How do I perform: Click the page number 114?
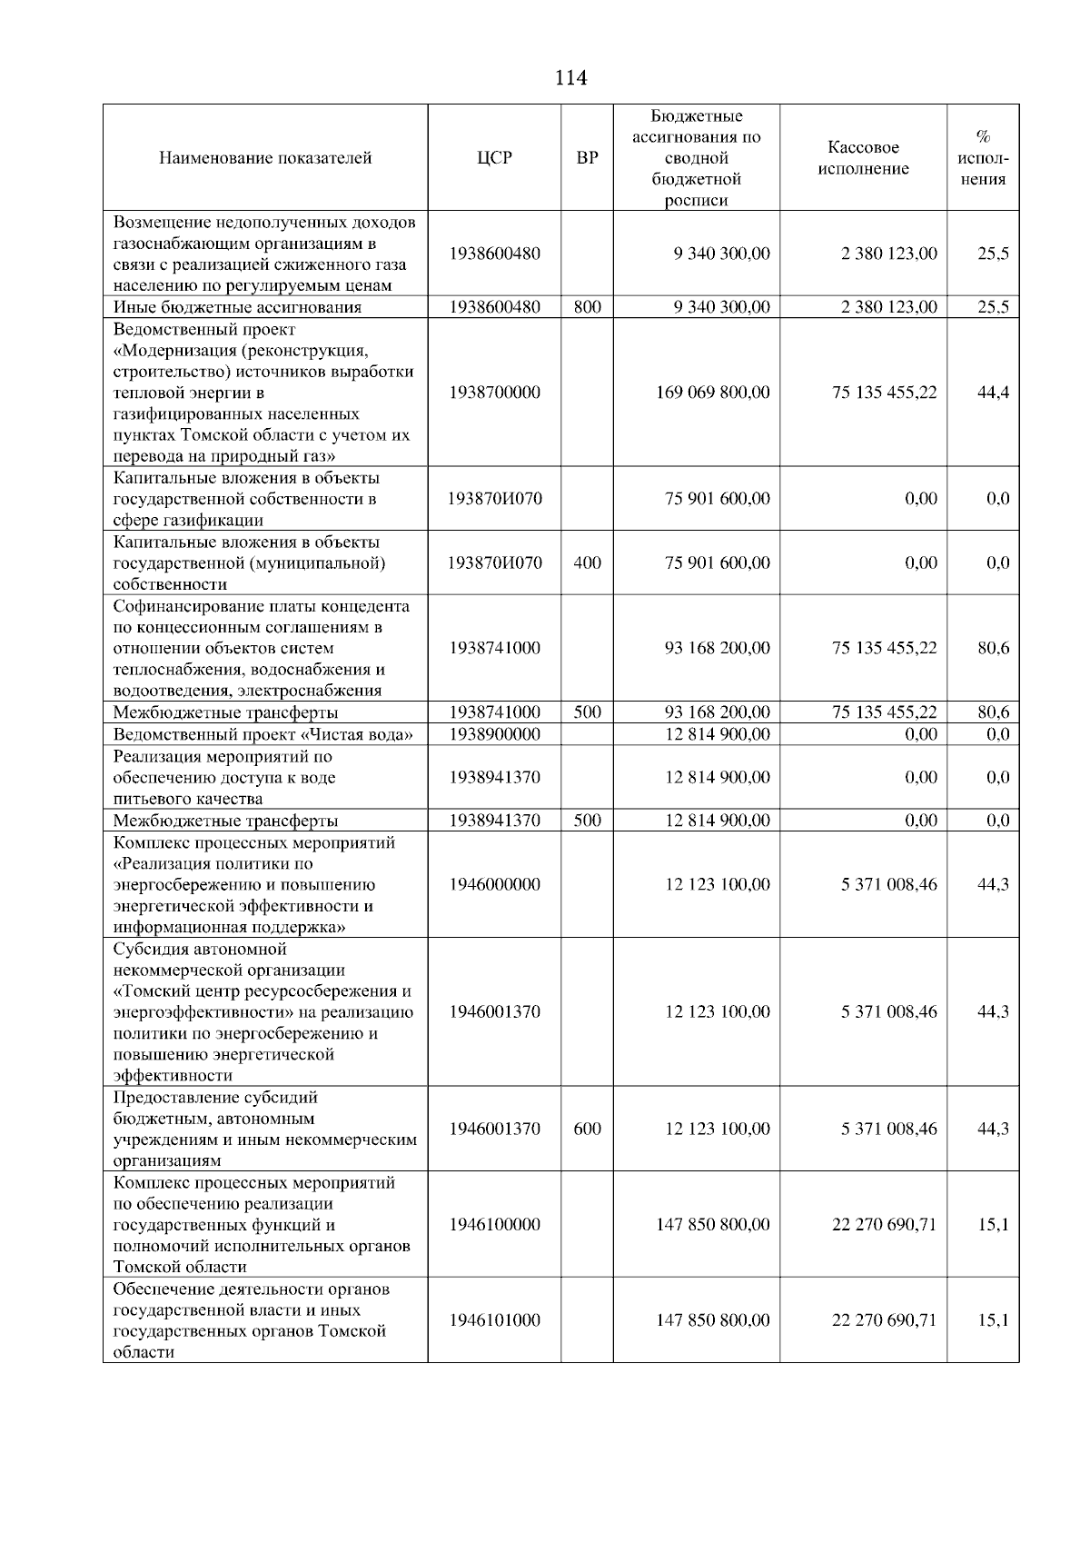(570, 78)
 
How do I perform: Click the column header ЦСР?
(494, 158)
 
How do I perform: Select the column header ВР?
(587, 158)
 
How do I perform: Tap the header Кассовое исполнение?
(863, 158)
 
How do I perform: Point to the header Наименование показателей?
(265, 158)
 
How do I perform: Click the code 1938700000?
(494, 393)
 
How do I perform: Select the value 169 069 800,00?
(712, 393)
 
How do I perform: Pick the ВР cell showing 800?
(587, 307)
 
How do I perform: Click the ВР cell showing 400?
(587, 562)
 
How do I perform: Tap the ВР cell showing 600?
(587, 1129)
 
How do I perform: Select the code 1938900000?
(494, 734)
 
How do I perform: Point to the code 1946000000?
(494, 884)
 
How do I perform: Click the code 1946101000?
(494, 1320)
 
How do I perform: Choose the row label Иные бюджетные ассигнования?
(237, 307)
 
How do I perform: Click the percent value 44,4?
(993, 393)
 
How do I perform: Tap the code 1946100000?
(494, 1224)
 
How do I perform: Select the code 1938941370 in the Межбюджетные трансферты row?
(494, 821)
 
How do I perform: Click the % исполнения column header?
(983, 158)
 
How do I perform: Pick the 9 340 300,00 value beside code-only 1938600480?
(721, 254)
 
